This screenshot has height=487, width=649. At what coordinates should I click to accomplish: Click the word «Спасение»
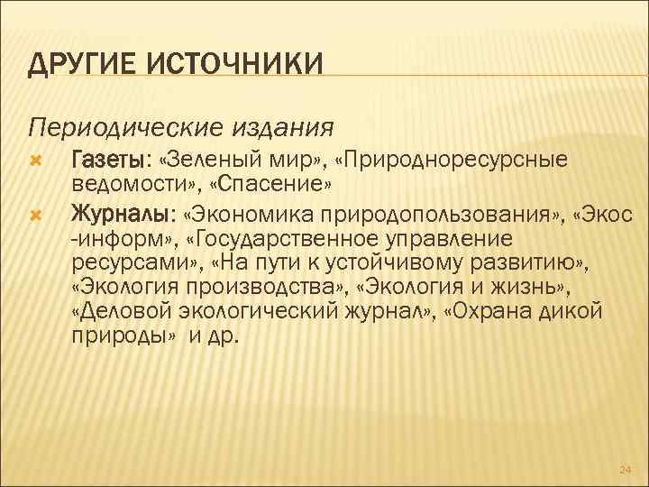point(275,184)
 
